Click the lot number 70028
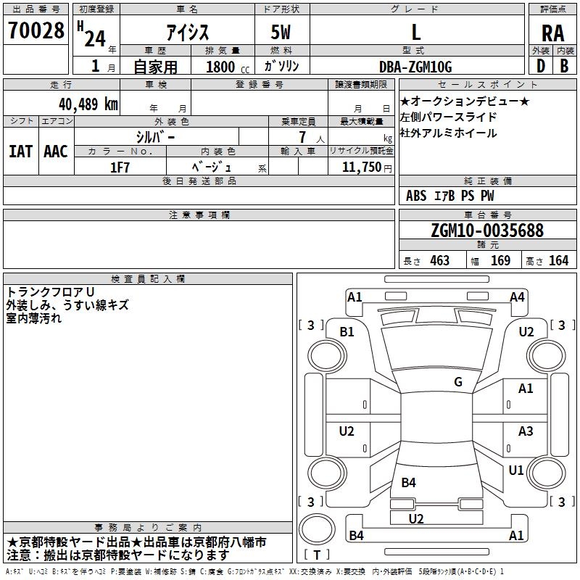(x=36, y=31)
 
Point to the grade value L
(x=415, y=32)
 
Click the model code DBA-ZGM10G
(x=415, y=67)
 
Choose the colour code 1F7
(x=120, y=167)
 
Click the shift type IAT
(x=20, y=151)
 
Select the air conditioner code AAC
(x=56, y=151)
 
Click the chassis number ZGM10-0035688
(x=486, y=231)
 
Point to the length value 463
(x=439, y=260)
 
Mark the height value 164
(x=558, y=260)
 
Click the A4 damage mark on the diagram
(x=517, y=297)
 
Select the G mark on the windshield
(x=458, y=381)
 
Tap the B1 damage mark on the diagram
(x=347, y=331)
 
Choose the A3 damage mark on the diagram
(x=526, y=431)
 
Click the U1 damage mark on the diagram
(x=516, y=470)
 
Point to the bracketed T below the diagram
(x=317, y=555)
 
